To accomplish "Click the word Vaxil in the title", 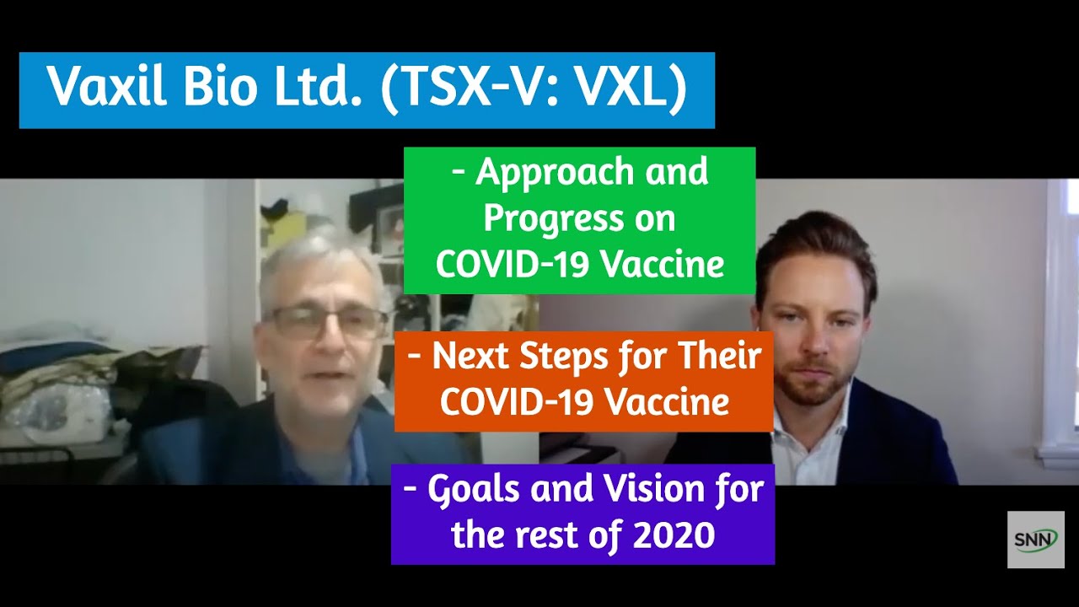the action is tap(107, 88).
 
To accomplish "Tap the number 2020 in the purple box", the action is tap(674, 534).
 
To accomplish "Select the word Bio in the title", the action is tap(219, 88).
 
